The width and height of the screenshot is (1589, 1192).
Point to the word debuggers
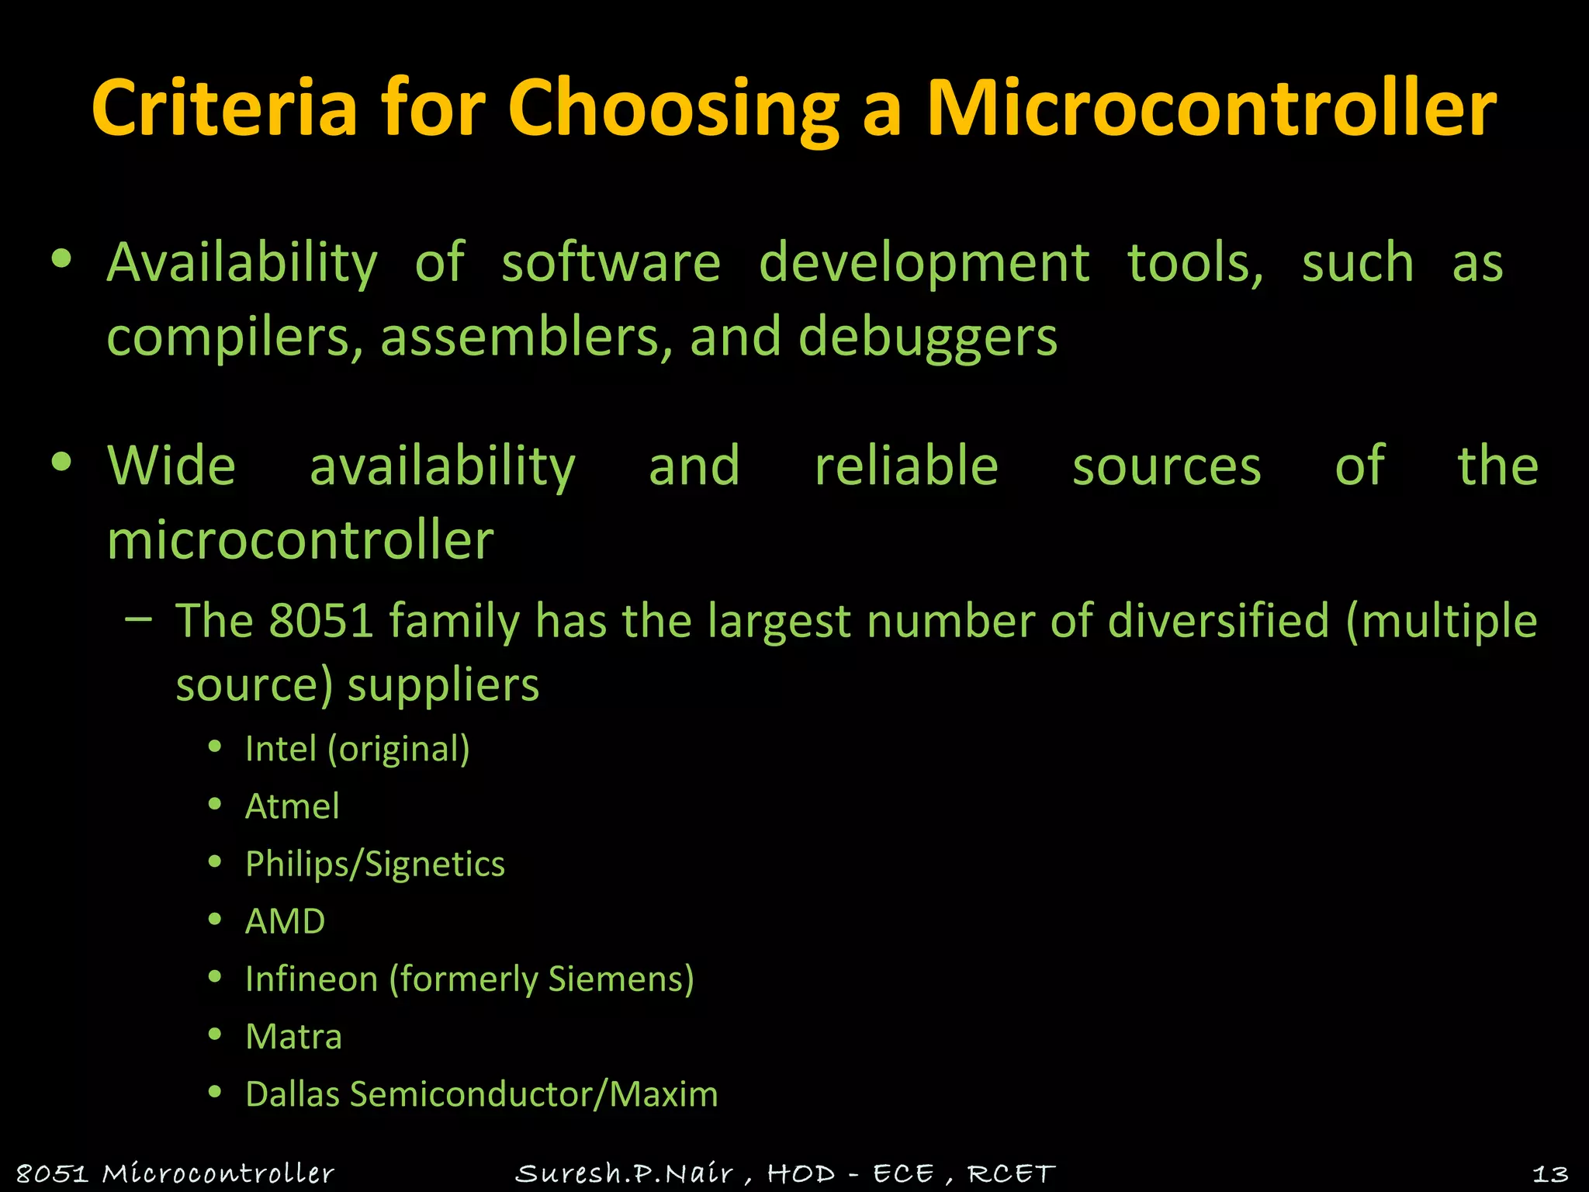tap(927, 338)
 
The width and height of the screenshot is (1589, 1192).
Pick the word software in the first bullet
tap(611, 262)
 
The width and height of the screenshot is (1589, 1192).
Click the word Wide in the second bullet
tap(171, 466)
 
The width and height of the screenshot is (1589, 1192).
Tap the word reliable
tap(906, 466)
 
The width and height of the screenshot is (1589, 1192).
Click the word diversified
tap(1218, 621)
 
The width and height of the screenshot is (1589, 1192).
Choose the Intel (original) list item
tap(357, 749)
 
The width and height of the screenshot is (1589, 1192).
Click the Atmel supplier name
tap(293, 806)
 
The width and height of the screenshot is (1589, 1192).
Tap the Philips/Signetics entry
tap(375, 864)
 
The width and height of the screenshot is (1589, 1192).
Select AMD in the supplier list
tap(285, 921)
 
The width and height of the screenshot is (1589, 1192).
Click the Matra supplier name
tap(293, 1037)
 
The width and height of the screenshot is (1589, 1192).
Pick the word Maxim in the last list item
tap(663, 1094)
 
